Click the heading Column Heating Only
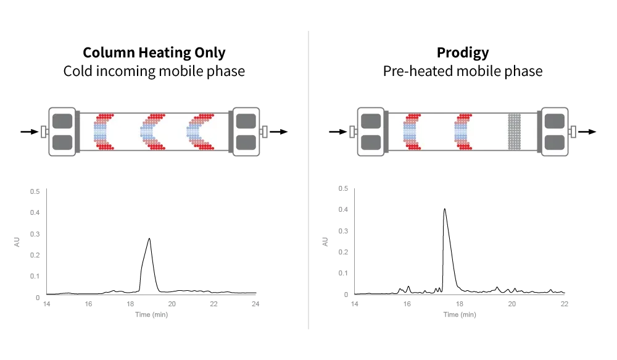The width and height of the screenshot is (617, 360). pyautogui.click(x=154, y=52)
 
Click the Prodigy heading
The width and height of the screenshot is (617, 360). pyautogui.click(x=463, y=52)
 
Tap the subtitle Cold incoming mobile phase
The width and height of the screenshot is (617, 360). pyautogui.click(x=154, y=71)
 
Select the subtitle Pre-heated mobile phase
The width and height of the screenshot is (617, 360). pyautogui.click(x=463, y=71)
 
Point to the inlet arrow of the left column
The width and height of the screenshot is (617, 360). pyautogui.click(x=30, y=132)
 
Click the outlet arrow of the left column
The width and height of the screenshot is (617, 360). pyautogui.click(x=279, y=132)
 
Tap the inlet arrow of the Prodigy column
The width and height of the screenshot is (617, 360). pyautogui.click(x=338, y=132)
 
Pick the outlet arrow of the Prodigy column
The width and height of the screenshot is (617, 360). pyautogui.click(x=587, y=132)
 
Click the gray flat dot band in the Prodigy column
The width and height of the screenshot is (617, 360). pyautogui.click(x=515, y=132)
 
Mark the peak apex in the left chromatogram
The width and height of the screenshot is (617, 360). pyautogui.click(x=149, y=238)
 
